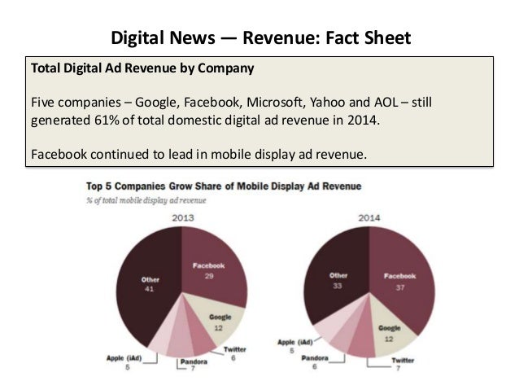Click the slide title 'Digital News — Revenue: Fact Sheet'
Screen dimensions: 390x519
pos(260,37)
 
